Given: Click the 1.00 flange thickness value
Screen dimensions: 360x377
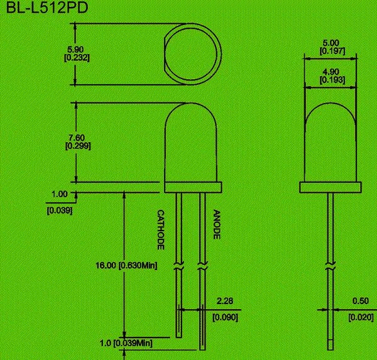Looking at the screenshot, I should (x=58, y=194).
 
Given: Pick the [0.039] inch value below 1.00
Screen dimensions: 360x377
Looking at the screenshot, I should (x=60, y=210).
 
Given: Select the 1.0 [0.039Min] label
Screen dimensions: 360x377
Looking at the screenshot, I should (x=127, y=344).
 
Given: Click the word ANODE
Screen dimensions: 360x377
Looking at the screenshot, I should (x=216, y=224).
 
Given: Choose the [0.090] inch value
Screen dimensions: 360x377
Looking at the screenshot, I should (x=224, y=317).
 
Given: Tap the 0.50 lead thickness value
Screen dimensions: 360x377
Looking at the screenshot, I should (x=359, y=301).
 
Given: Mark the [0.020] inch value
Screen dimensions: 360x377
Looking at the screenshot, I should (x=359, y=317).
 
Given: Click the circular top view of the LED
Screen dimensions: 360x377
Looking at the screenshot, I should (x=192, y=54).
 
